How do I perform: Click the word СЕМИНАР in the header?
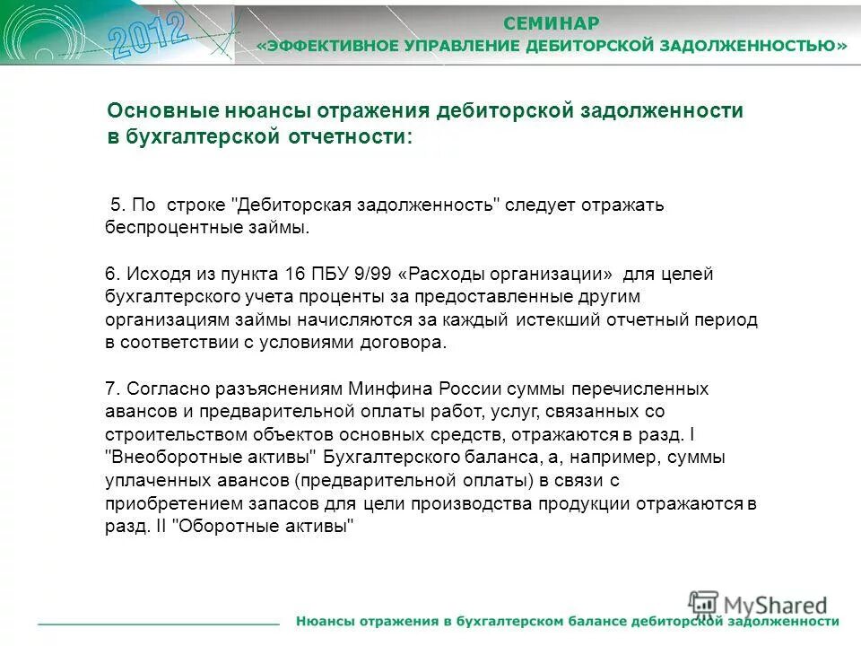click(x=551, y=23)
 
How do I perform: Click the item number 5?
click(x=115, y=205)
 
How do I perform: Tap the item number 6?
click(x=110, y=274)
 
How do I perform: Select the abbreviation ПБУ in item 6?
click(x=329, y=274)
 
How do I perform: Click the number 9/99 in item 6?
click(x=372, y=274)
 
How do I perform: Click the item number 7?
click(x=110, y=388)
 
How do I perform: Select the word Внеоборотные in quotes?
click(x=162, y=458)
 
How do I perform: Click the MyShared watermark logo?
click(x=758, y=605)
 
